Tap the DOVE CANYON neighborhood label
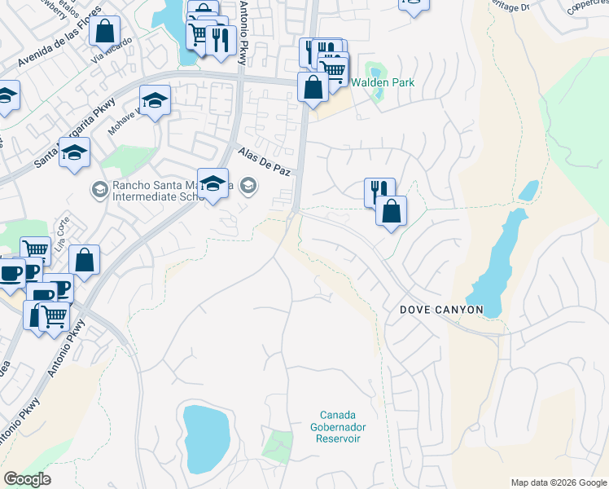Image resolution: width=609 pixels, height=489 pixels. [441, 311]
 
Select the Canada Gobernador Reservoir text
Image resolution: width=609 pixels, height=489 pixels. [338, 427]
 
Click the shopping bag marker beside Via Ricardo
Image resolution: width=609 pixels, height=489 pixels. [105, 33]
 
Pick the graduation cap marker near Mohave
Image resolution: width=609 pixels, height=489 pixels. [155, 100]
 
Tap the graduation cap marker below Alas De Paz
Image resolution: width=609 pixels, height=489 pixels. [212, 183]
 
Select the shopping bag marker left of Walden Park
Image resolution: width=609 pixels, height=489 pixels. [313, 87]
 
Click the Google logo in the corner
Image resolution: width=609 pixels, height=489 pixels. [28, 479]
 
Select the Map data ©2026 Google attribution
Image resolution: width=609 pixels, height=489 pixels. [558, 482]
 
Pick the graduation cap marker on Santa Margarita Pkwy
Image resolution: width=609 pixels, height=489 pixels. [74, 152]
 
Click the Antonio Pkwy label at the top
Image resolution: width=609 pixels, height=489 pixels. [243, 37]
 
